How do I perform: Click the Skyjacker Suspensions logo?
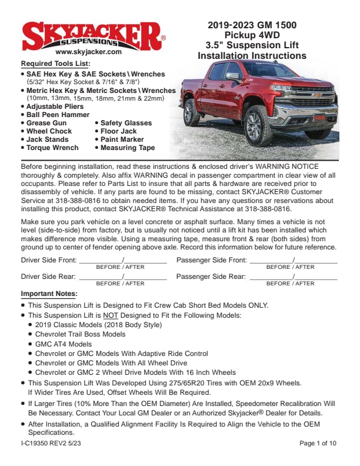(x=93, y=35)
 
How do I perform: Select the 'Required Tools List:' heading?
(x=55, y=64)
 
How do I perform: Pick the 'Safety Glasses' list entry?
(x=125, y=123)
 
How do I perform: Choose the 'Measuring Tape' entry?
(x=127, y=148)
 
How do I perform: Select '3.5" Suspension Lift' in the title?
(x=252, y=45)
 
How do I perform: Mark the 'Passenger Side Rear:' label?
(x=211, y=277)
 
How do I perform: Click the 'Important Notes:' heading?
(x=49, y=294)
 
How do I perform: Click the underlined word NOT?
(x=111, y=315)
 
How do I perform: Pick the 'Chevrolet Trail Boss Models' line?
(x=80, y=334)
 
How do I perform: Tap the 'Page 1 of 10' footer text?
(x=318, y=443)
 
